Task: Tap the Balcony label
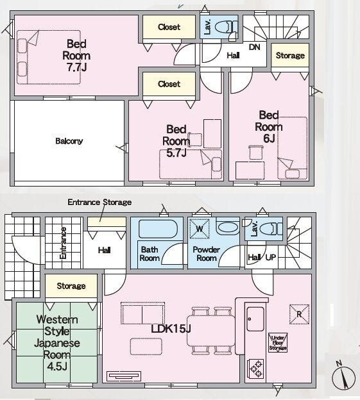point(69,141)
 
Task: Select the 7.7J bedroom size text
point(76,67)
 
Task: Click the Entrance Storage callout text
point(99,203)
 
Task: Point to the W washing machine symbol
point(200,229)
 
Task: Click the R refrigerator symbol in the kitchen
point(299,314)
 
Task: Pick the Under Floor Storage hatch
point(278,343)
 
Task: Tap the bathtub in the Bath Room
point(158,229)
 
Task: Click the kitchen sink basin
point(255,319)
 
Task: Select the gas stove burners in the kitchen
point(255,369)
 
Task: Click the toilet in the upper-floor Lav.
point(225,27)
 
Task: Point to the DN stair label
point(254,47)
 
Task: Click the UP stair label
point(270,258)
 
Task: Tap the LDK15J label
point(171,329)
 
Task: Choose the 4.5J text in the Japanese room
point(56,367)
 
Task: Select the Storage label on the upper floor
point(290,55)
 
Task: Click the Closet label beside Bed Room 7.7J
point(169,27)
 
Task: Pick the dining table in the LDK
point(211,331)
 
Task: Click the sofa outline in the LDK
point(142,313)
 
